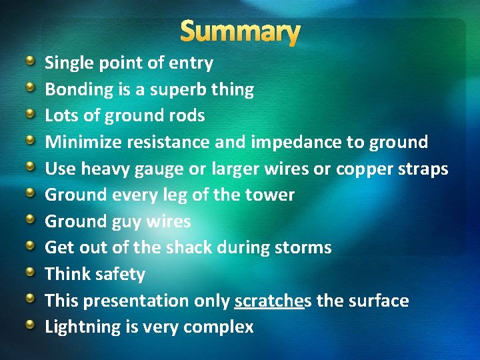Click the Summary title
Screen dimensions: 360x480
coord(240,31)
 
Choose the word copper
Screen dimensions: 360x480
coord(365,169)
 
